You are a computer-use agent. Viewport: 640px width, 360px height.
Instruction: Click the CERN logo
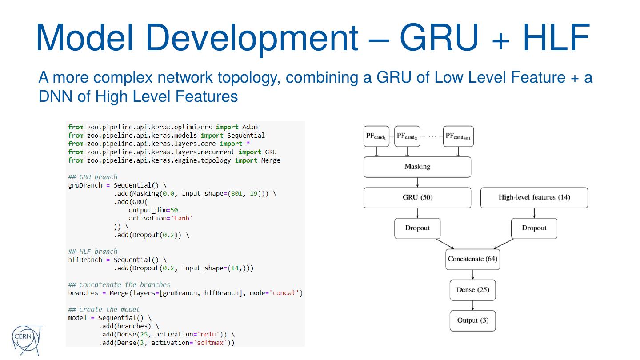27,340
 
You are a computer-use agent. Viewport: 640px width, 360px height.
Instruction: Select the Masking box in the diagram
417,167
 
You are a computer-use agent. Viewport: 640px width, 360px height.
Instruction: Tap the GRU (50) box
417,198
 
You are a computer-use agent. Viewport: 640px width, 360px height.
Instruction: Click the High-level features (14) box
534,198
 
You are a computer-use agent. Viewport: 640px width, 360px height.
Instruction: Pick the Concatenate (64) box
472,259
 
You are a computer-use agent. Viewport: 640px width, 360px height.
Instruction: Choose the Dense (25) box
472,290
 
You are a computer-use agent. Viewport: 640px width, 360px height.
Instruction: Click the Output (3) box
472,321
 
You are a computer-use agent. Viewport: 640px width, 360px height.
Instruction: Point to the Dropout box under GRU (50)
417,228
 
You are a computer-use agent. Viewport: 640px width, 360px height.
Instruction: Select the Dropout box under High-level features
534,228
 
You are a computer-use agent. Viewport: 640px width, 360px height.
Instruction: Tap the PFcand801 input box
458,136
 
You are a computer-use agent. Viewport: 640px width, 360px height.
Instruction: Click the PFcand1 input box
376,136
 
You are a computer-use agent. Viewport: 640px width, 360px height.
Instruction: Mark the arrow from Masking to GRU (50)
417,182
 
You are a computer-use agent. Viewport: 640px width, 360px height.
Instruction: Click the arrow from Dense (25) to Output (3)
472,305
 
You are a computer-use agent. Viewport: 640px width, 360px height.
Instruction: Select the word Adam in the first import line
250,127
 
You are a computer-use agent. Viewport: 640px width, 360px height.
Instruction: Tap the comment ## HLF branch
93,252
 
